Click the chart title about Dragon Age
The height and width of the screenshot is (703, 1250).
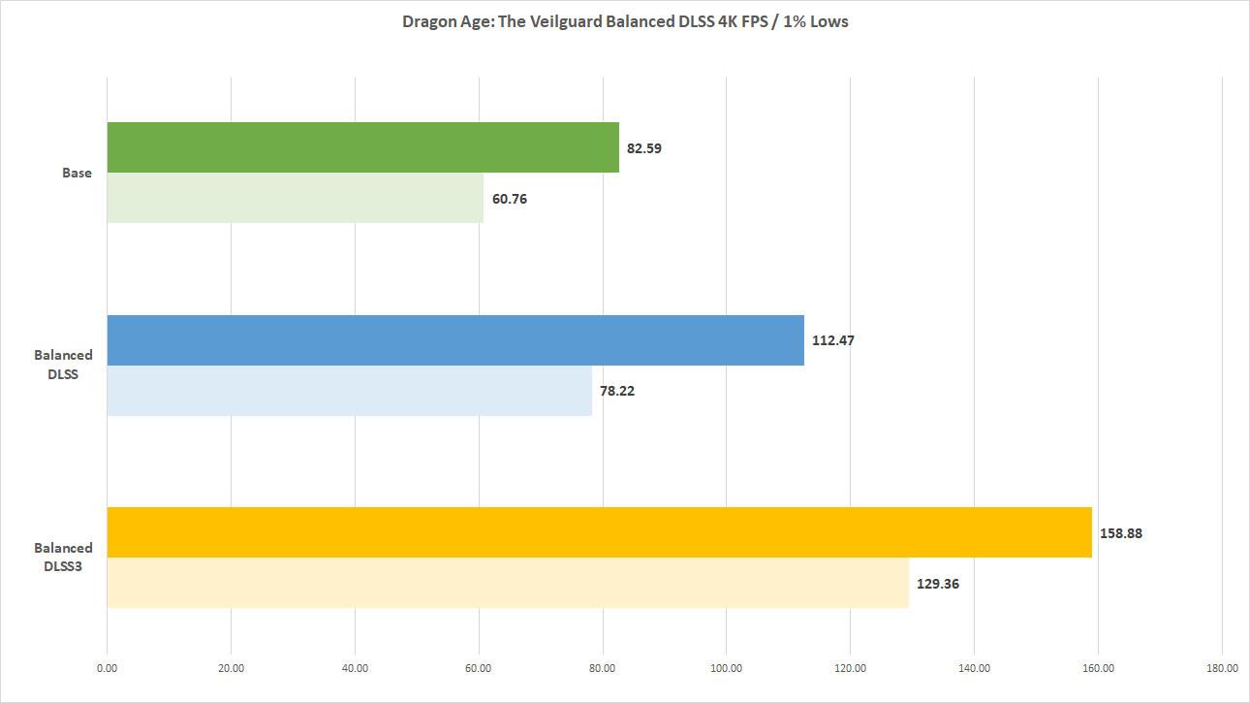tap(625, 21)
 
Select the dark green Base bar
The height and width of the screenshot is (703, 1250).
tap(362, 147)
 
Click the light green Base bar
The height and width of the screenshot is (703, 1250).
tap(295, 198)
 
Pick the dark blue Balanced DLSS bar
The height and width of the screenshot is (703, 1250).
tap(455, 340)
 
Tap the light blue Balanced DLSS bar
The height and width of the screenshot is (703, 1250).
tap(349, 391)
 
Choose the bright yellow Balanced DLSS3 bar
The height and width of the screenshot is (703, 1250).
tap(599, 532)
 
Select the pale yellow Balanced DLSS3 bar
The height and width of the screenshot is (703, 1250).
tap(508, 583)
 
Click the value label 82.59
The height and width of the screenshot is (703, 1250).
tap(644, 148)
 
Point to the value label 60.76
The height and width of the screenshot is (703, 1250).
tap(509, 199)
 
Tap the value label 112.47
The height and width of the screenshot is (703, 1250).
tap(833, 341)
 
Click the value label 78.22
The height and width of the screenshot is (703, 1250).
tap(617, 392)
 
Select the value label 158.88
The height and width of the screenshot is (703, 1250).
tap(1121, 533)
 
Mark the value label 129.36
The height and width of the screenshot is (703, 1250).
tap(938, 584)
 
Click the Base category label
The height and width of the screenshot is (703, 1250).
tap(77, 173)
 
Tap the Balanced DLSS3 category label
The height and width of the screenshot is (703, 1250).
tap(64, 557)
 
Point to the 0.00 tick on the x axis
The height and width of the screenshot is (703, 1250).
tap(107, 667)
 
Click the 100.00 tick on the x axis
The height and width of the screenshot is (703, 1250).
tap(726, 667)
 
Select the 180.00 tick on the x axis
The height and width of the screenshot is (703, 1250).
tap(1222, 667)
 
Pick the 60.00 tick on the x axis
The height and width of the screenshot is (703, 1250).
tap(479, 667)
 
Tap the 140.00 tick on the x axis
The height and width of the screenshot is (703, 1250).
tap(974, 667)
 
